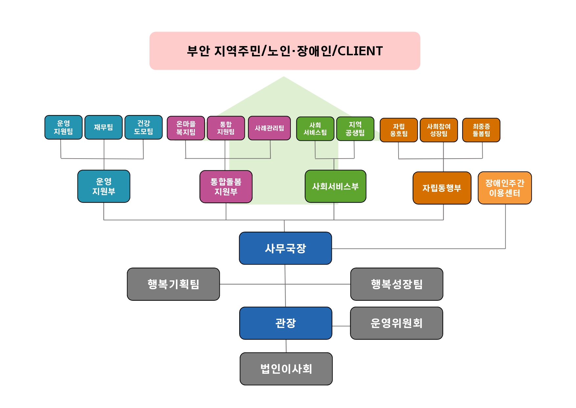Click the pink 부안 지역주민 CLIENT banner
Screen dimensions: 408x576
pos(285,51)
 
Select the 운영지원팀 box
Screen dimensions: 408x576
pos(63,127)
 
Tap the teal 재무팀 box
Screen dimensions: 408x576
pos(104,127)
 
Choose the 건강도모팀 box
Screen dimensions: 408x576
pos(144,127)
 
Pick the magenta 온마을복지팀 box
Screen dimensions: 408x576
pos(186,128)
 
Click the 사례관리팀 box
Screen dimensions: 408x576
pos(269,128)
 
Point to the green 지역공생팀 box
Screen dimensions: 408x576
pos(355,129)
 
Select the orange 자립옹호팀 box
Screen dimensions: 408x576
pos(399,130)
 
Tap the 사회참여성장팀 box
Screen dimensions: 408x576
pos(439,130)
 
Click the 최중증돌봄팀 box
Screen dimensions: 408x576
pos(481,130)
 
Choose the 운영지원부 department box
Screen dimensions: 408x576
pos(104,186)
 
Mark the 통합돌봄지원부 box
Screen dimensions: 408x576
pos(226,187)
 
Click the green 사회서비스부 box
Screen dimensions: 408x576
pos(335,186)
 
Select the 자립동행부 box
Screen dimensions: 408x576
pos(442,188)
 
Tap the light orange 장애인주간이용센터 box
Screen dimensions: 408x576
pos(505,188)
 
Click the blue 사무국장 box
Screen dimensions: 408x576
pos(285,248)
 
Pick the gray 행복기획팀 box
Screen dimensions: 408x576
pos(173,284)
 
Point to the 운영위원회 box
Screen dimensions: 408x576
pos(396,323)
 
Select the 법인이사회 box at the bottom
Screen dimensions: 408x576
pos(286,369)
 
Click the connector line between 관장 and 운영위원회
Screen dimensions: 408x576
pos(341,326)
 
